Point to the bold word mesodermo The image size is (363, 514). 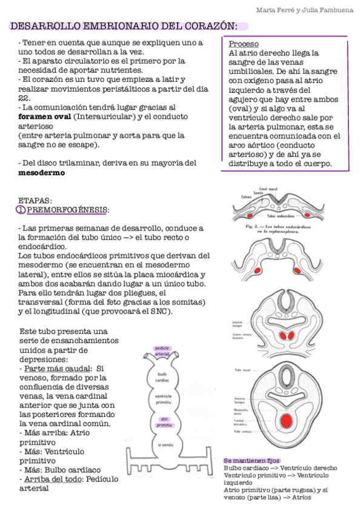pyautogui.click(x=42, y=172)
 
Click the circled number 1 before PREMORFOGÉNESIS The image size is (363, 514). pyautogui.click(x=21, y=210)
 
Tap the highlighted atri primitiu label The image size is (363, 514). pyautogui.click(x=164, y=422)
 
